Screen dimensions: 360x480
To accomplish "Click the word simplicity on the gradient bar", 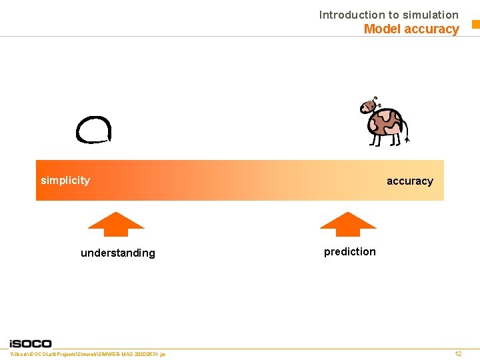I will (65, 181).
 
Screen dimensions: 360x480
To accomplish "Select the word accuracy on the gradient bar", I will (409, 181).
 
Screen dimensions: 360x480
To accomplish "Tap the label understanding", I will (117, 253).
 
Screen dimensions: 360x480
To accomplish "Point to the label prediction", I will (349, 251).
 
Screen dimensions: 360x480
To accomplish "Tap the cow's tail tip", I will (407, 140).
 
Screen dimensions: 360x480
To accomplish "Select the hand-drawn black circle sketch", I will (93, 129).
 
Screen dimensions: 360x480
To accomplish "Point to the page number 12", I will (458, 354).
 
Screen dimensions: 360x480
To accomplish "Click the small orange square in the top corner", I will (475, 25).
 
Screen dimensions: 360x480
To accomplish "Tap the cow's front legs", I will (376, 139).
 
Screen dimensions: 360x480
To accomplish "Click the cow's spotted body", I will (386, 123).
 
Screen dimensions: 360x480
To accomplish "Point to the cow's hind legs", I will (395, 139).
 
